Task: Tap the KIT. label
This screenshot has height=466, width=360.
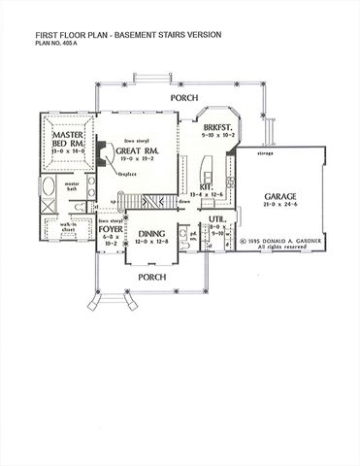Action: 207,186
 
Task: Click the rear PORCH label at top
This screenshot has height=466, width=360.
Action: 184,99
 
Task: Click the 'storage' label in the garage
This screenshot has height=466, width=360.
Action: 264,152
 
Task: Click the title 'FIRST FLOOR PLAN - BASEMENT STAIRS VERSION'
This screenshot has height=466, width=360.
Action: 129,34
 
